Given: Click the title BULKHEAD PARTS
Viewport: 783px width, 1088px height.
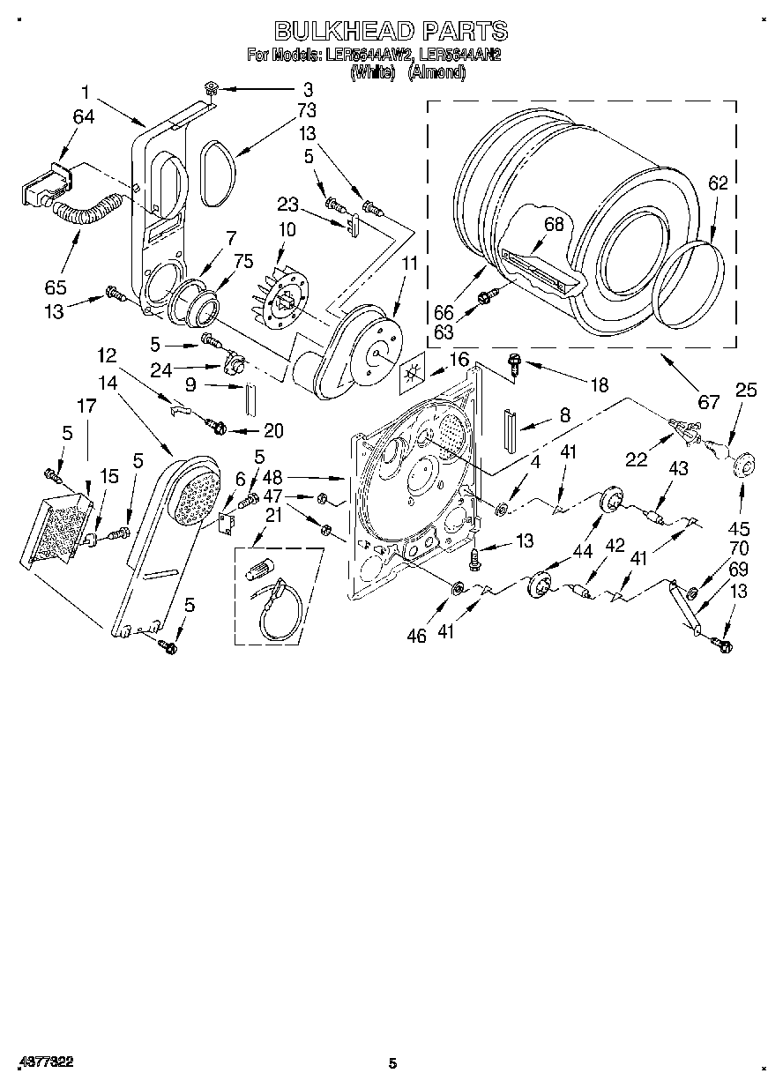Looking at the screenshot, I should [391, 31].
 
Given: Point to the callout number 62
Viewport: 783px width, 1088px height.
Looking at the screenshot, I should [718, 183].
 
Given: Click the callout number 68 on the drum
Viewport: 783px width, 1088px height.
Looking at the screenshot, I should [553, 224].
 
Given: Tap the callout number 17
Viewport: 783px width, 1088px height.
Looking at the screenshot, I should [86, 406].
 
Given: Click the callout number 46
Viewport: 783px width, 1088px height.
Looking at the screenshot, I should [417, 635].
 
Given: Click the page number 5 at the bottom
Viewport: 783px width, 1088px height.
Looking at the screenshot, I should [393, 1064].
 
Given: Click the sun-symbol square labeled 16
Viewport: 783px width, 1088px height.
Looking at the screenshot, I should [411, 375].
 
